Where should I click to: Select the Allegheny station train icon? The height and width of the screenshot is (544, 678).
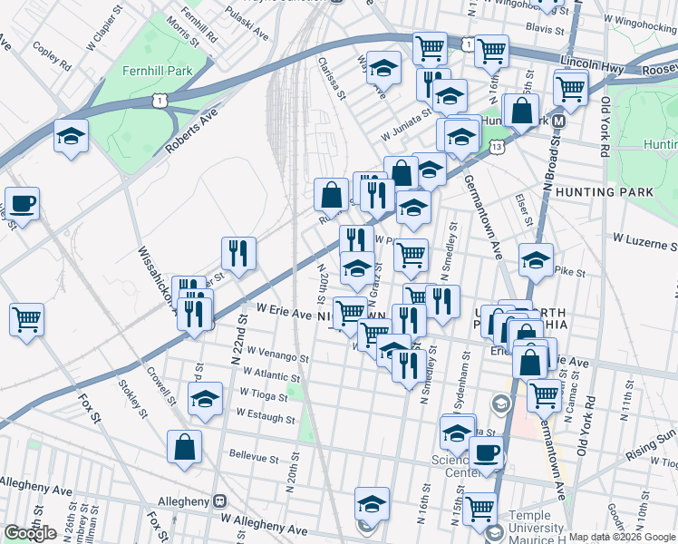tap(218, 500)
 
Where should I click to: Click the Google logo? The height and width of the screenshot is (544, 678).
tap(30, 533)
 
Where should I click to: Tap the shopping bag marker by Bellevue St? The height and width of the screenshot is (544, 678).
tap(184, 447)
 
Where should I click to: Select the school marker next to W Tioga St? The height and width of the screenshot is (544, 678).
tap(206, 399)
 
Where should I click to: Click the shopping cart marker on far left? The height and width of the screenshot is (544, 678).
tap(26, 319)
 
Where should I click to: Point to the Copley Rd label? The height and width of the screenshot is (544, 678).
tap(52, 54)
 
